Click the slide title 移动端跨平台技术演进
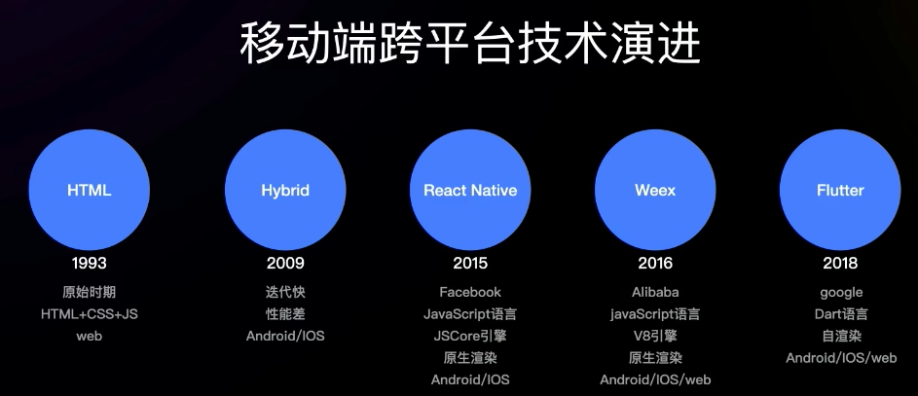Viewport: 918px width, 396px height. click(x=470, y=43)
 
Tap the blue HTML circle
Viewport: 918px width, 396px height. click(x=89, y=190)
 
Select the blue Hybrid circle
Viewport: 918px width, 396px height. click(x=285, y=190)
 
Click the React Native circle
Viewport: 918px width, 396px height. click(x=470, y=190)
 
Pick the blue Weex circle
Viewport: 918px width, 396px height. click(x=655, y=190)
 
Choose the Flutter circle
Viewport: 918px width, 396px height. click(x=840, y=190)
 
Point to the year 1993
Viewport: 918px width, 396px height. click(x=89, y=264)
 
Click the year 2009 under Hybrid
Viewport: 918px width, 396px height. click(x=285, y=264)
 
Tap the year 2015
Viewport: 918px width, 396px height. click(x=470, y=264)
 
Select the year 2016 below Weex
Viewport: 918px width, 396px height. click(x=655, y=264)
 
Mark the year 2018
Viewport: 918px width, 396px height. click(x=840, y=264)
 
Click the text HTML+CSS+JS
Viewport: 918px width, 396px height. click(x=89, y=314)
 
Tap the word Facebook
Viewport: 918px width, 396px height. click(x=470, y=292)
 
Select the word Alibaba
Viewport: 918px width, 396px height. click(x=655, y=292)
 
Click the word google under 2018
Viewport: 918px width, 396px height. click(x=841, y=293)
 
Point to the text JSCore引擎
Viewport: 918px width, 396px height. click(x=470, y=336)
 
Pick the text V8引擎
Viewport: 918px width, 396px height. click(x=655, y=336)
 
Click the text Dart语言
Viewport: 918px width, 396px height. click(x=841, y=314)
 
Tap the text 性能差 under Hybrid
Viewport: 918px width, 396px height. click(x=285, y=314)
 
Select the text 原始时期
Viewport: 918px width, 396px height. click(x=89, y=292)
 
